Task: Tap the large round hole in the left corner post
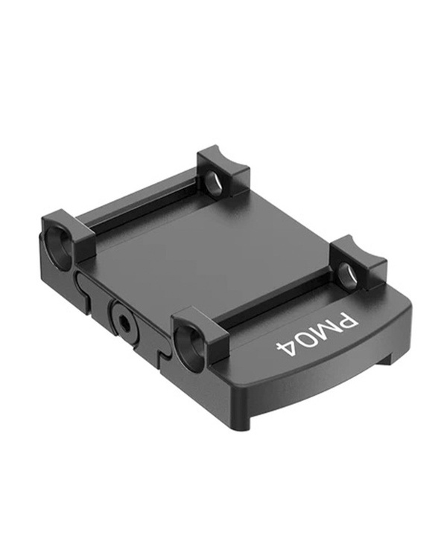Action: pos(57,243)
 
